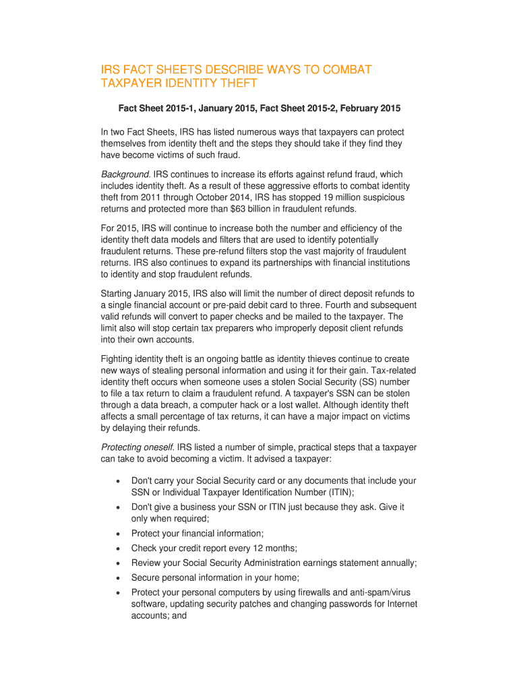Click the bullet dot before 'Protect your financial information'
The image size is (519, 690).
tap(119, 534)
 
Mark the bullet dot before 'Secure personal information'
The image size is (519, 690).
tap(119, 577)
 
